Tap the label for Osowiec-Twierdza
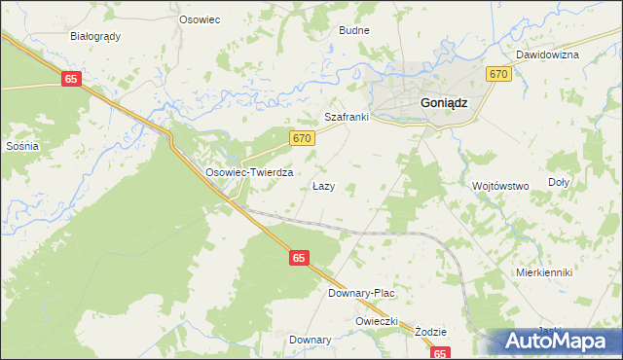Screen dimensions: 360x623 point(249,171)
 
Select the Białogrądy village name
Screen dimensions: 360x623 point(95,36)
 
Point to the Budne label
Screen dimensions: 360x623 point(353,30)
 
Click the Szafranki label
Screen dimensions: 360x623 point(346,117)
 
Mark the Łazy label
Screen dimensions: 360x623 point(324,185)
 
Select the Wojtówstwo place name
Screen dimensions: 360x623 point(499,185)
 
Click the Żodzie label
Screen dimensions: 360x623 point(429,331)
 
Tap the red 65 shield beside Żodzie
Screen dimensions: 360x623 point(441,355)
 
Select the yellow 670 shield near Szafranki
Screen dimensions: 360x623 point(302,139)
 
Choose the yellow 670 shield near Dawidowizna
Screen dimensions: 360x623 point(498,74)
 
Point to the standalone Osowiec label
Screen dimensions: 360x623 point(200,18)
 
